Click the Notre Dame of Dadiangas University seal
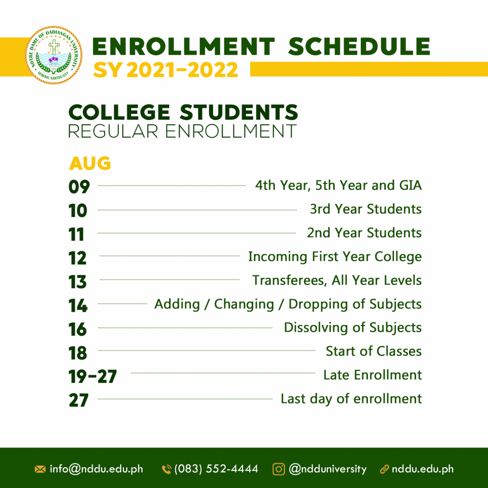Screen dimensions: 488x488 click(x=53, y=55)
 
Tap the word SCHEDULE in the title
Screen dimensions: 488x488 click(x=359, y=47)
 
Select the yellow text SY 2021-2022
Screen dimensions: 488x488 click(x=165, y=70)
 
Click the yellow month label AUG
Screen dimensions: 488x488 click(x=90, y=163)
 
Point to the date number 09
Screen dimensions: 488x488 click(x=79, y=187)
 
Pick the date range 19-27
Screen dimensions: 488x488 click(x=92, y=376)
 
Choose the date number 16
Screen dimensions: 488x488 click(x=78, y=329)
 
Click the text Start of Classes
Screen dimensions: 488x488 click(x=374, y=351)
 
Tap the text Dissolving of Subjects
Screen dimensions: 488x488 click(x=353, y=328)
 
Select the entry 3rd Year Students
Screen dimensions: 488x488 click(x=366, y=209)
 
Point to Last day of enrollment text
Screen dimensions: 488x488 click(x=351, y=399)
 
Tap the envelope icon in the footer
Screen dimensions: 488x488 click(x=40, y=469)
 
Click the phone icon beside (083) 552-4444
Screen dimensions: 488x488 click(x=167, y=469)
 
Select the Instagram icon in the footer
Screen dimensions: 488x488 click(x=278, y=469)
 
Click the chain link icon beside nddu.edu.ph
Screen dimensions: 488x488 click(x=385, y=469)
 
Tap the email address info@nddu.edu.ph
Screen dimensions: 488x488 click(x=96, y=469)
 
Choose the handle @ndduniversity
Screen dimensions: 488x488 click(x=328, y=469)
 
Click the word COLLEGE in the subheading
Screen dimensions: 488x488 click(x=119, y=112)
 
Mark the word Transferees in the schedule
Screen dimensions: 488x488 click(x=289, y=280)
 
